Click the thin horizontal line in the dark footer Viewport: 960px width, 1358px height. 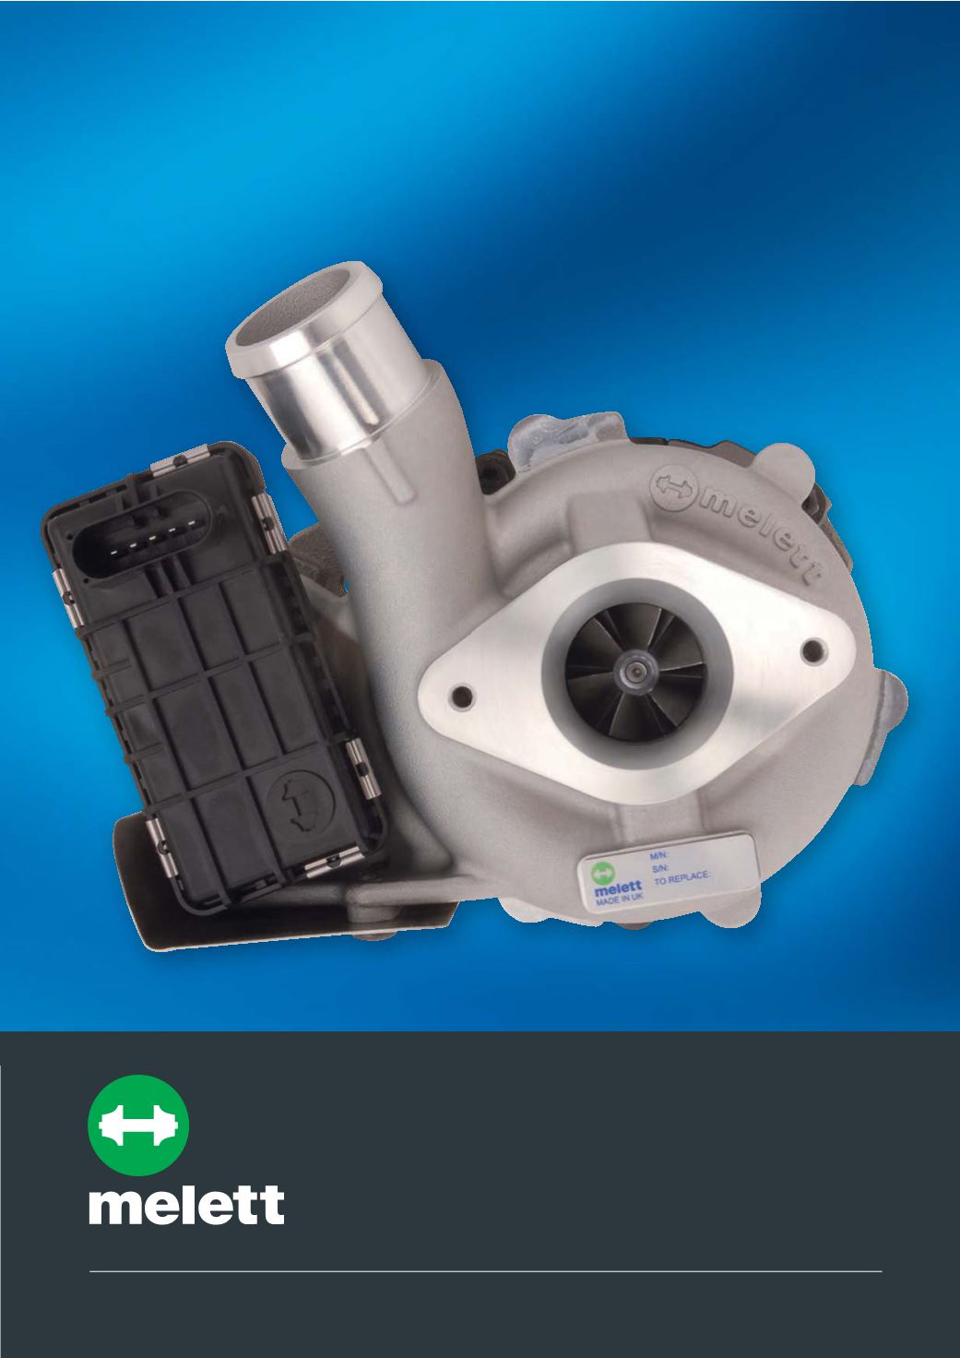click(x=485, y=1267)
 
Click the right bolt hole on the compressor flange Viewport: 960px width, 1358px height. click(x=812, y=650)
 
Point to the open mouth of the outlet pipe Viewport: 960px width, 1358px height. click(x=294, y=311)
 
